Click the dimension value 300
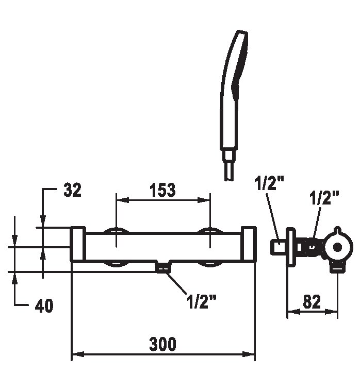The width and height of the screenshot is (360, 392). click(162, 344)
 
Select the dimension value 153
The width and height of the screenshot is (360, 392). click(162, 190)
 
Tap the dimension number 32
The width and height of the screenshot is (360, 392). click(72, 190)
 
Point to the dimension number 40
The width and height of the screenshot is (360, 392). click(44, 305)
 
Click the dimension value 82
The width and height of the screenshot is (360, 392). click(312, 302)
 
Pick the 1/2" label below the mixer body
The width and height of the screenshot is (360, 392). click(201, 301)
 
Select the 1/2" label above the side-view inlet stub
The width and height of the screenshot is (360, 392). click(269, 183)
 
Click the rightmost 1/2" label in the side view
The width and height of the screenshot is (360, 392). click(324, 198)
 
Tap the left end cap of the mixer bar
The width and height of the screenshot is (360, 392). click(78, 244)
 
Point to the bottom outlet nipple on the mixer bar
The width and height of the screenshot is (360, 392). click(163, 267)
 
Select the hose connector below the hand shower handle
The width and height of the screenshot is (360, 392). click(228, 165)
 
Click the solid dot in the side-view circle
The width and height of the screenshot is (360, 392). click(338, 247)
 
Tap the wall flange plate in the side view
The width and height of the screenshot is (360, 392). click(291, 247)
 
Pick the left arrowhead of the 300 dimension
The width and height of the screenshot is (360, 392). click(77, 354)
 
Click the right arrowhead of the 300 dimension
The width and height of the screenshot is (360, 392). click(249, 354)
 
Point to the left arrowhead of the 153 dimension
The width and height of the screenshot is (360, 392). click(123, 200)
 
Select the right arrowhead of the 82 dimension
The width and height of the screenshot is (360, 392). click(332, 312)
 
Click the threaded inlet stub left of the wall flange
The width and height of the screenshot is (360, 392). click(279, 247)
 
